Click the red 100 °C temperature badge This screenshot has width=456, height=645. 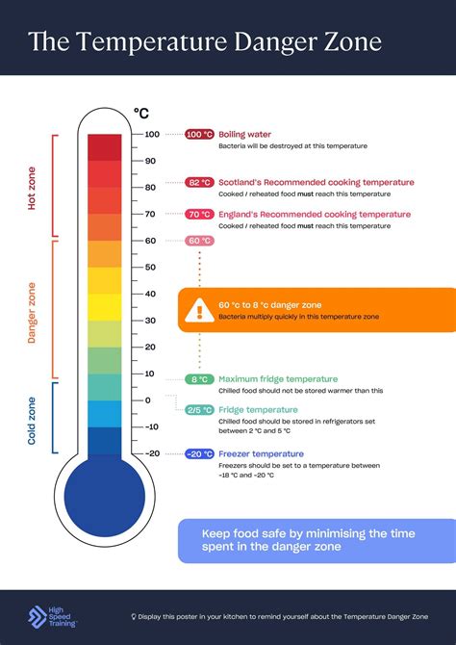(x=199, y=135)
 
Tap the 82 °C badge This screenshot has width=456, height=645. (x=199, y=182)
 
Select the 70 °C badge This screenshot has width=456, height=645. (x=199, y=215)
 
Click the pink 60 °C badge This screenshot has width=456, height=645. (x=199, y=241)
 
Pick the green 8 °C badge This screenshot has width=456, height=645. (x=199, y=379)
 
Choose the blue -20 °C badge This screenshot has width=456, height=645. (x=199, y=453)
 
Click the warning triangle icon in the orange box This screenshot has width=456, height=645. (x=200, y=308)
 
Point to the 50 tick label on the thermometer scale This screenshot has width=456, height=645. (x=151, y=267)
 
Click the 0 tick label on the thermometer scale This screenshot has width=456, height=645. (x=148, y=400)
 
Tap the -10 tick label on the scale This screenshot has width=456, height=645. (x=151, y=426)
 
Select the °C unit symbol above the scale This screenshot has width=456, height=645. (x=140, y=114)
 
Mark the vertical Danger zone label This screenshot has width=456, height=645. (x=32, y=312)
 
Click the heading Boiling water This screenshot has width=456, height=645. (x=245, y=135)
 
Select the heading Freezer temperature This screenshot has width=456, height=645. (x=262, y=453)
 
